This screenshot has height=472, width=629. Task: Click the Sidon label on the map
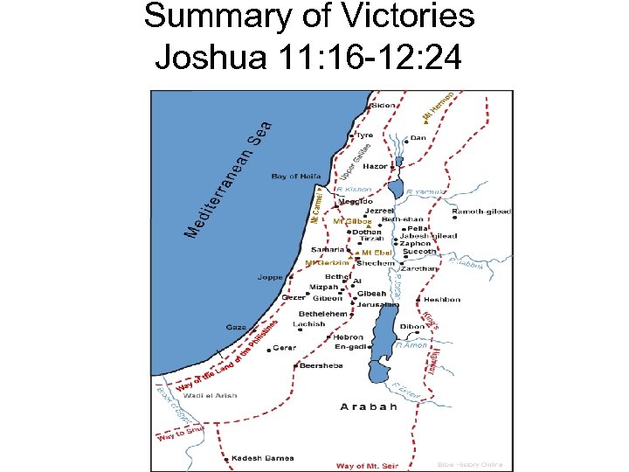pos(384,106)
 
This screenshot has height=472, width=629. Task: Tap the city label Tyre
pos(363,135)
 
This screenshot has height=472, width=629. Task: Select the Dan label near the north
pos(418,137)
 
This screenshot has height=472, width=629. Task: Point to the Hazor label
pos(376,165)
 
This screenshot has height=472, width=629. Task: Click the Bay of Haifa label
pos(296,177)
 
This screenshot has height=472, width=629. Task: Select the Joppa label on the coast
pos(269,277)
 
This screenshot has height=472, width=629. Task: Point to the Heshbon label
pos(442,300)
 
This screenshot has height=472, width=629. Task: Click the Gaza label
pos(236,327)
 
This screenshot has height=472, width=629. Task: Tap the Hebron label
pos(348,337)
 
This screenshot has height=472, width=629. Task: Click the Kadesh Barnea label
pos(262,458)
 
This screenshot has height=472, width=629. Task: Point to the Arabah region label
pos(369,406)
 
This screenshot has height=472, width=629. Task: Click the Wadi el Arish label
pos(210,395)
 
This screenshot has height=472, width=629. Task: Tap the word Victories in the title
pos(385,17)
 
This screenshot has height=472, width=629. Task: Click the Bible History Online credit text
pos(470,464)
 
